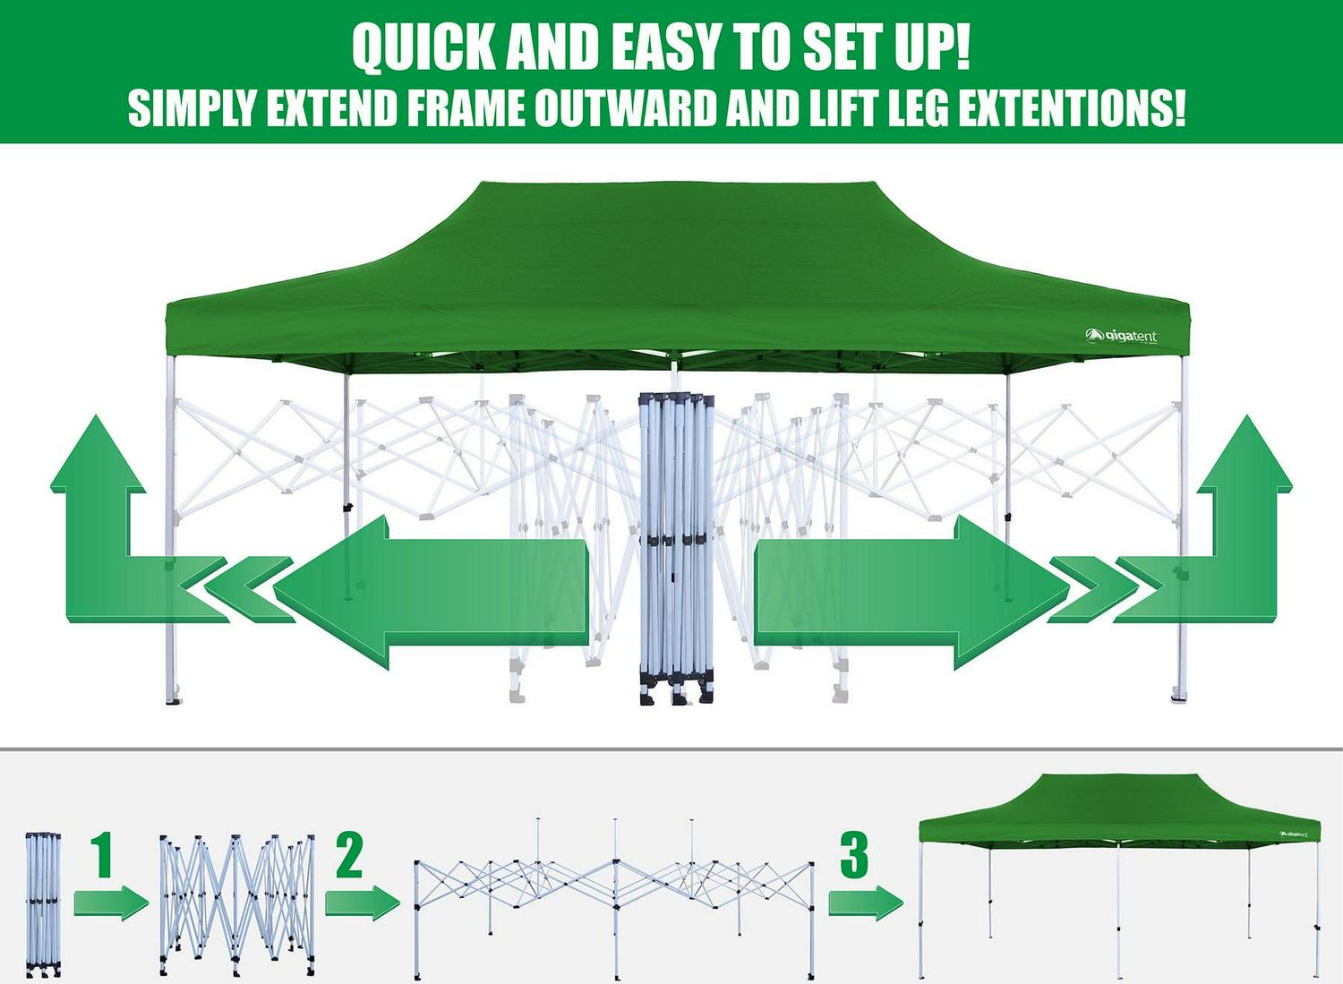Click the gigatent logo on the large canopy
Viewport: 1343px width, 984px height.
1122,337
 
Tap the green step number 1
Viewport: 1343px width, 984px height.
103,855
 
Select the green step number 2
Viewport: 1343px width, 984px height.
349,855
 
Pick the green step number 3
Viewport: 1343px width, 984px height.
853,855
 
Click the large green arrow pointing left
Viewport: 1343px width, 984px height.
430,591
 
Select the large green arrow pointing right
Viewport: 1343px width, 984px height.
913,591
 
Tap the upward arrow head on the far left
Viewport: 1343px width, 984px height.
97,457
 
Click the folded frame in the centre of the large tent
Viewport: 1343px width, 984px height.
677,546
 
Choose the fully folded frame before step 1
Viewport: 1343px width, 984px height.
43,903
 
